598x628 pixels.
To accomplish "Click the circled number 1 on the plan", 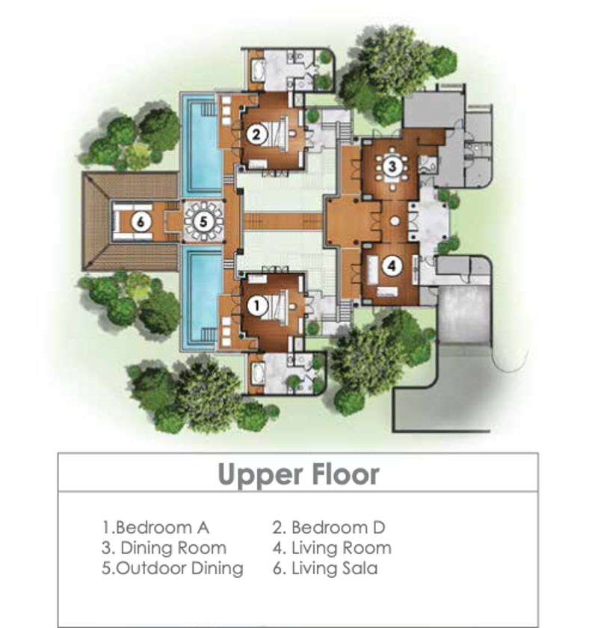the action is [x=256, y=306].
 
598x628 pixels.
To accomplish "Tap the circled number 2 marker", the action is [x=256, y=133].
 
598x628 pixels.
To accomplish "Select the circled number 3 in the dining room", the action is [x=392, y=165].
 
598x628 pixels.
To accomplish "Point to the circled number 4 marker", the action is [x=392, y=266].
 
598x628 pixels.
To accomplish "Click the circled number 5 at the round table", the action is [x=203, y=221].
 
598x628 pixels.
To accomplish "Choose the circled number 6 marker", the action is [x=141, y=221].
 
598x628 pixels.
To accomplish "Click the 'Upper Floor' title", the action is [x=298, y=475].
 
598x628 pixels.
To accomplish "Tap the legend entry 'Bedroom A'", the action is [x=156, y=528].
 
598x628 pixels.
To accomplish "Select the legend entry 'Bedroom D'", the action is [x=329, y=528].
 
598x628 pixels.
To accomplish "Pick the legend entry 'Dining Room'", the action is [x=164, y=548].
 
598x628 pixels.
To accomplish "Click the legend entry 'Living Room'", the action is [x=332, y=548].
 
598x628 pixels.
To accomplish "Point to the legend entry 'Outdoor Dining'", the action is [x=172, y=568].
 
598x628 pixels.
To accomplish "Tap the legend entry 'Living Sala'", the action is [x=325, y=568].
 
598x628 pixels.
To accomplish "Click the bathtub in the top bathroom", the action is [x=258, y=70].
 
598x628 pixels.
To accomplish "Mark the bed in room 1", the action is [x=277, y=306].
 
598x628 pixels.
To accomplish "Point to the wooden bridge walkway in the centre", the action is [x=283, y=221].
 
